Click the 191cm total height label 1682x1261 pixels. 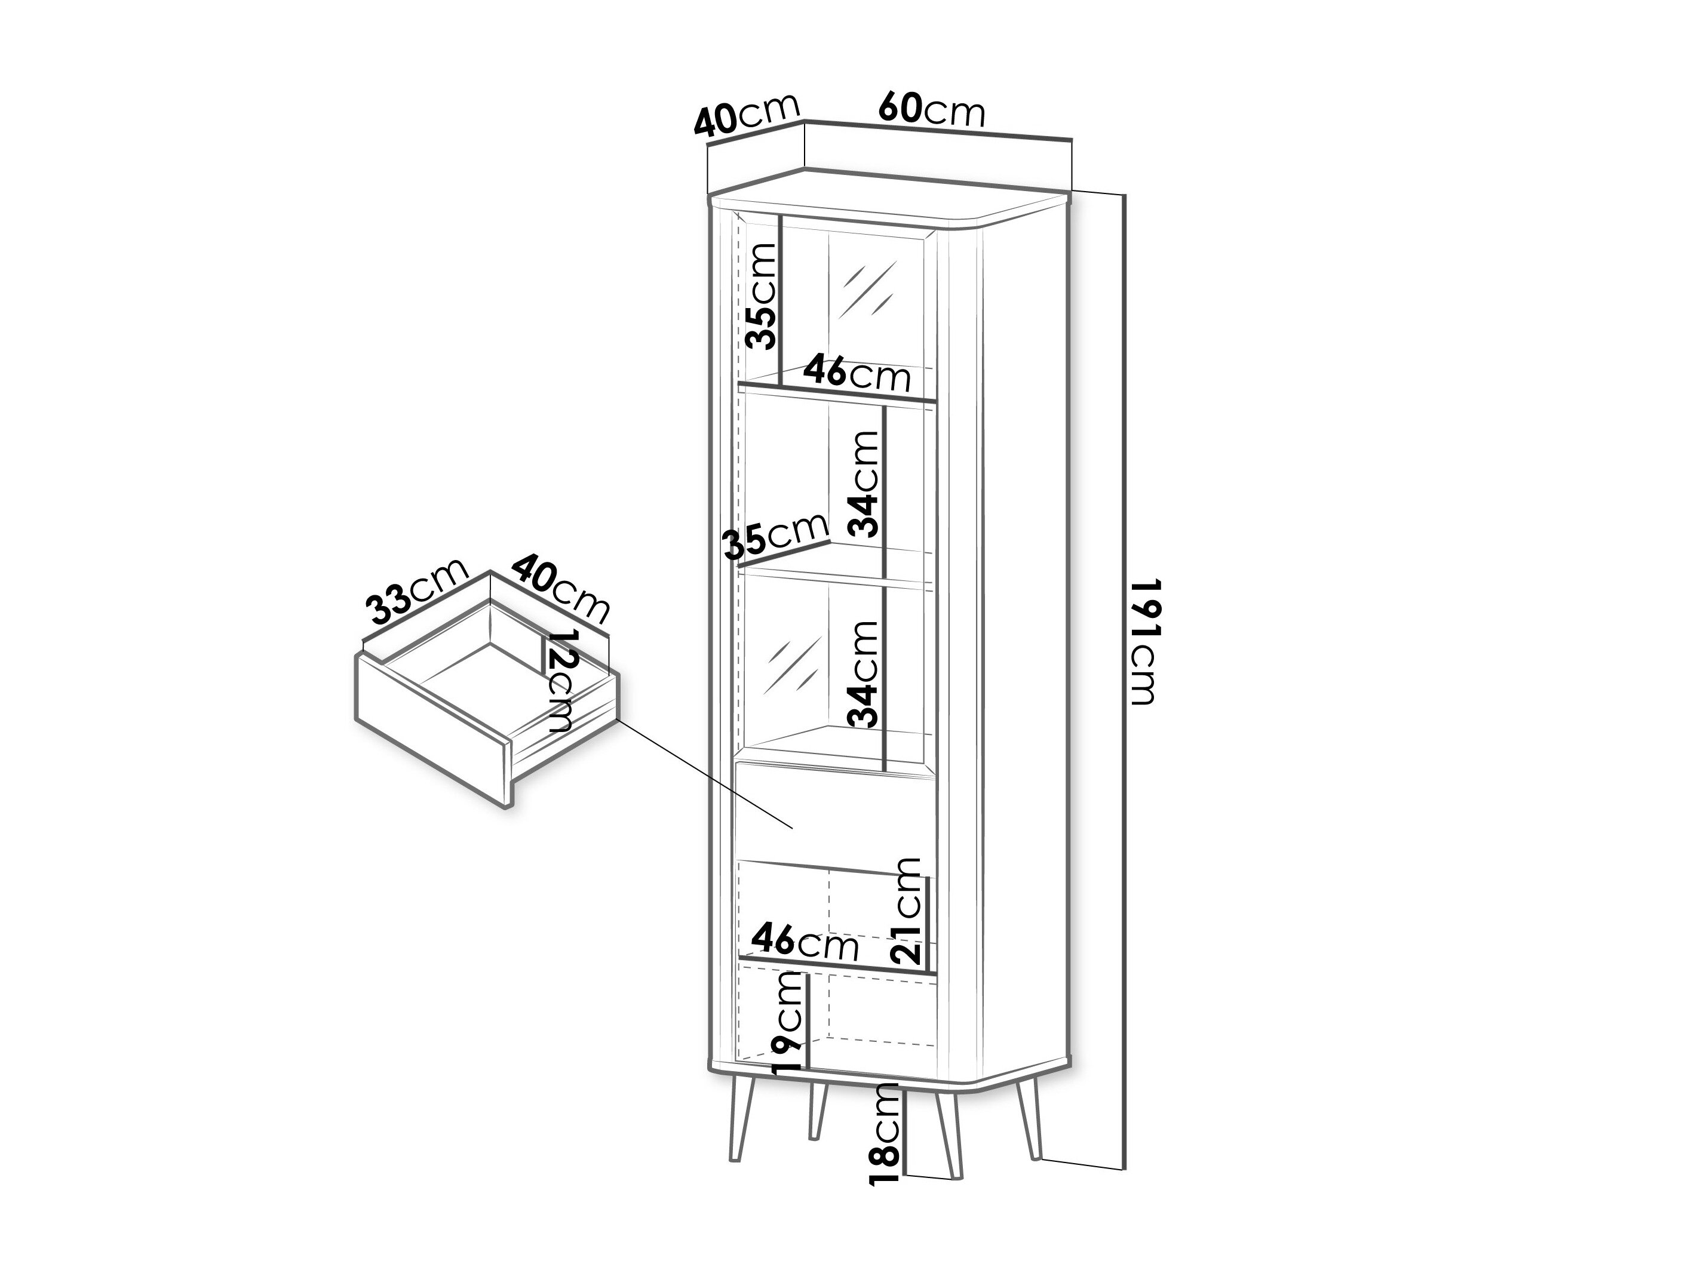1144,642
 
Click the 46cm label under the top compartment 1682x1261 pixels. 857,373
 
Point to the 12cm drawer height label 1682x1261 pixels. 560,681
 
